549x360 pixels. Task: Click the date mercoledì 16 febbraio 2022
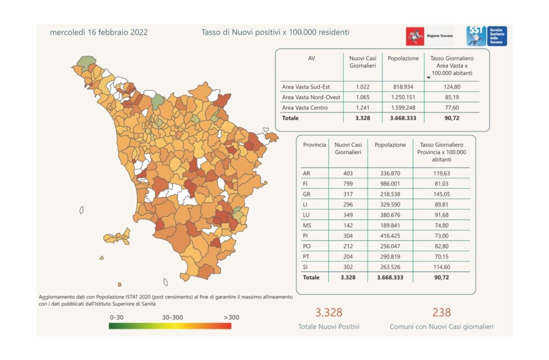pos(99,32)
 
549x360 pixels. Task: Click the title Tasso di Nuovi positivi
pos(275,32)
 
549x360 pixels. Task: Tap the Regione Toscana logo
pos(429,36)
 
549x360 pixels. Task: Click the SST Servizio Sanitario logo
pos(486,36)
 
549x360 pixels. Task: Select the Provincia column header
pos(314,145)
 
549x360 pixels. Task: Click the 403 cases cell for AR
pos(348,173)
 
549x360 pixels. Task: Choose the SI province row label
pos(306,267)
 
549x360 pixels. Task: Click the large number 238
pos(441,312)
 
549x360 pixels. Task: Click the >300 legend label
pos(232,317)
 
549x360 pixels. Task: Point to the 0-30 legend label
pos(116,317)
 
